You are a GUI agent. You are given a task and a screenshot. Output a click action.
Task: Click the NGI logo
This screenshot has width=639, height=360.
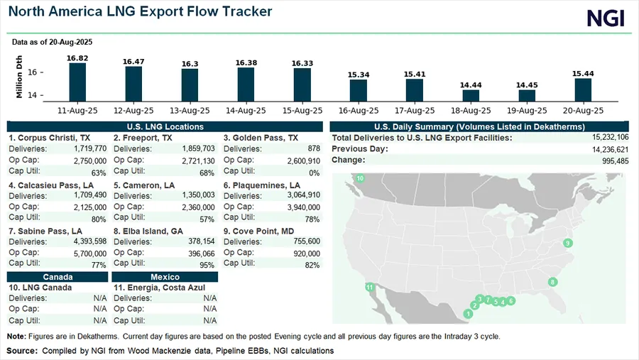tap(606, 18)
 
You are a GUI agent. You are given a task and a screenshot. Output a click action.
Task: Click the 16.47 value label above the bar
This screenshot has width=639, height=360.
tap(133, 62)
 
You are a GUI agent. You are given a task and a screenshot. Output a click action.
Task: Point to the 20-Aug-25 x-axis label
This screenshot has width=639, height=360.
tap(582, 111)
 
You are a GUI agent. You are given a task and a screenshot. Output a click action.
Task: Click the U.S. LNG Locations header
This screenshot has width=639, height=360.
tap(165, 126)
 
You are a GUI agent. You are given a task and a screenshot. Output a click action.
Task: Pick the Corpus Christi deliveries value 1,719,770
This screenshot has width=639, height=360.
tap(90, 148)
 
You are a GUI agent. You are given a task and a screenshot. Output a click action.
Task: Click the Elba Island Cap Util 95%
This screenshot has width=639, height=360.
tap(209, 265)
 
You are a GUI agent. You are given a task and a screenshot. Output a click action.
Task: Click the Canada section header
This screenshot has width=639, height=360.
tap(58, 277)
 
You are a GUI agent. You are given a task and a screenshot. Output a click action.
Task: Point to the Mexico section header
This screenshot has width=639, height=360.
tap(165, 277)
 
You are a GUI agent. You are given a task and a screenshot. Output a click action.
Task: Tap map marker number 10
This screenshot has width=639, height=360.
tap(360, 178)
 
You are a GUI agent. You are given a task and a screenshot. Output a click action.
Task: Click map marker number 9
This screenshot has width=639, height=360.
tap(568, 244)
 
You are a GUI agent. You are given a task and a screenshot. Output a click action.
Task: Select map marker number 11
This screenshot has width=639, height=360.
tap(369, 288)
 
